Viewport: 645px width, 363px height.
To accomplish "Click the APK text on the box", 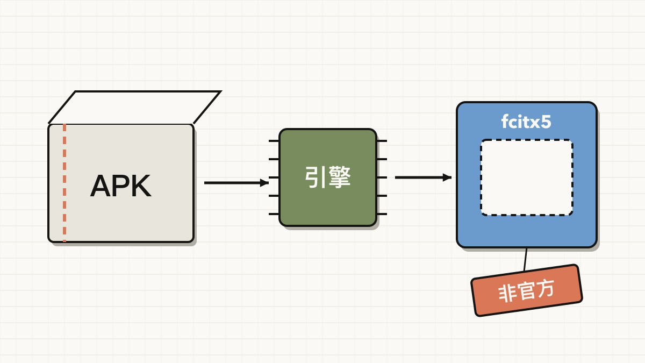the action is point(120,186).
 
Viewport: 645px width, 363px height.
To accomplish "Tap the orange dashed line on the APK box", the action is point(64,183).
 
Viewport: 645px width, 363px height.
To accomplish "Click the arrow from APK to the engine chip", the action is point(236,183).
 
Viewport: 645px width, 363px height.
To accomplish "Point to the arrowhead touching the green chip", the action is point(264,183).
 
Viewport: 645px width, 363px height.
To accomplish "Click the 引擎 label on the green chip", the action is point(328,177).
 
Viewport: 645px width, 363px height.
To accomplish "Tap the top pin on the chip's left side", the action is point(274,141).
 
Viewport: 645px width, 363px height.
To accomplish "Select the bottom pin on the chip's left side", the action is point(274,214).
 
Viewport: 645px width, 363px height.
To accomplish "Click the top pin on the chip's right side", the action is point(382,141).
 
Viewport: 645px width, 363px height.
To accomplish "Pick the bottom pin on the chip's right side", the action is point(382,214).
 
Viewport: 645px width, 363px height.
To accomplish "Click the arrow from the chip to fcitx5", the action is point(423,177).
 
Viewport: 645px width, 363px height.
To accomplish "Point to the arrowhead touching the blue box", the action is point(447,177).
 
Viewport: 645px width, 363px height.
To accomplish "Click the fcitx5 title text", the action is point(526,122).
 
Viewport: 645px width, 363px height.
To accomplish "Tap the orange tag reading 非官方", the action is point(527,290).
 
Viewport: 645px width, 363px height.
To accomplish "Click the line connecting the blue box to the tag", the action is point(526,259).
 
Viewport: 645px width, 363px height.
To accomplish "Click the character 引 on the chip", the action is point(316,177).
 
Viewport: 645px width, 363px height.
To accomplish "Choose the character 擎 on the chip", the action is point(339,177).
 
